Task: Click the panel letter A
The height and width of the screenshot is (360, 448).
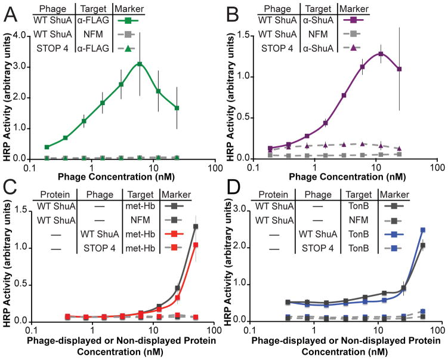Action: (10, 11)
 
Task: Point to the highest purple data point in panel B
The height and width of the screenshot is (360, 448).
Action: (380, 54)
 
